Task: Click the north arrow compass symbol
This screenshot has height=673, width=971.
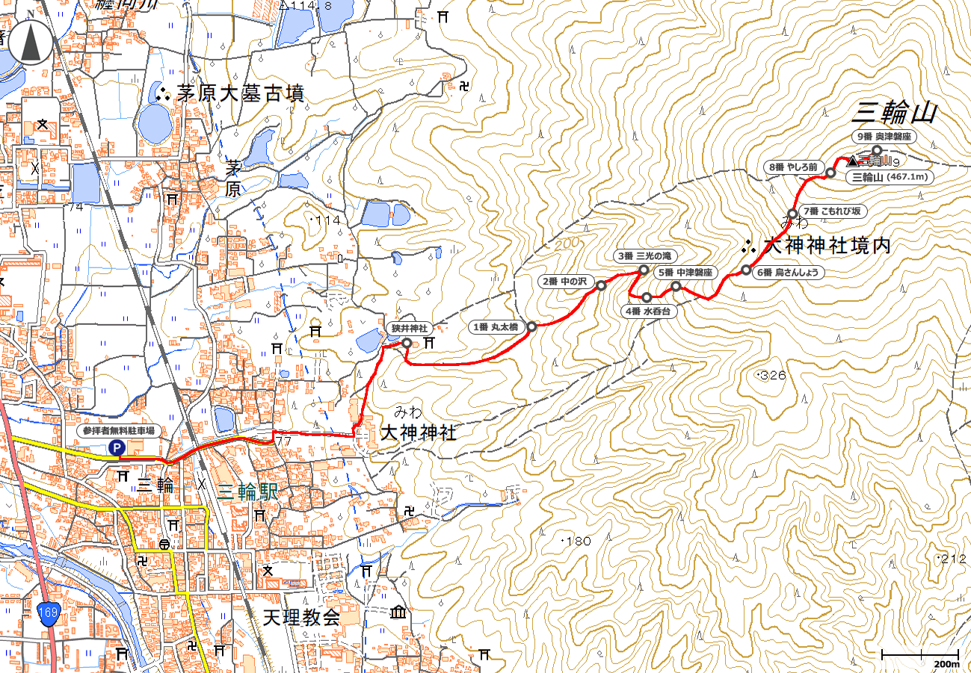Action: (x=31, y=43)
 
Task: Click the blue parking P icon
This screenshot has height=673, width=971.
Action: (x=117, y=447)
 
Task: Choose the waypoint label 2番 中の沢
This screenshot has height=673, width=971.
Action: (x=566, y=282)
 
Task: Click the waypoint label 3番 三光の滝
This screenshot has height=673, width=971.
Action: (x=642, y=255)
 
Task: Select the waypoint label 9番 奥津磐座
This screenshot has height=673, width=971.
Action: (x=884, y=136)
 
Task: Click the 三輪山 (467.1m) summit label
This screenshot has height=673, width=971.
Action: (x=890, y=177)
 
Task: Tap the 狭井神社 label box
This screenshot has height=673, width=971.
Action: (x=408, y=329)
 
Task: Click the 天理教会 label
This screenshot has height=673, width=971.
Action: (x=301, y=618)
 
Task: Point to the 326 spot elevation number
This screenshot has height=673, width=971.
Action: (x=772, y=375)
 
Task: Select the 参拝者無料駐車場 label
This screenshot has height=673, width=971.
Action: (x=118, y=431)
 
